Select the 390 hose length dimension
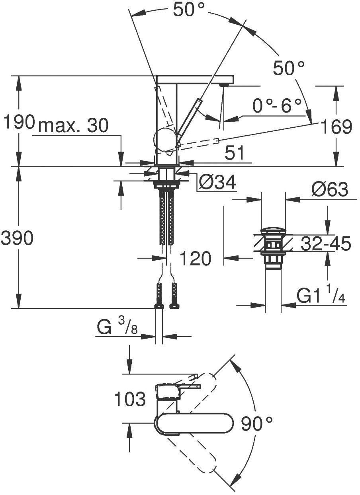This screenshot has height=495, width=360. pyautogui.click(x=17, y=239)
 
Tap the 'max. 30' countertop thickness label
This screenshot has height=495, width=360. pyautogui.click(x=73, y=126)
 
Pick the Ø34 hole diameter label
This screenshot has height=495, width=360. pyautogui.click(x=217, y=183)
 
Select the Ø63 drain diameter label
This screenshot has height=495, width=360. pyautogui.click(x=330, y=190)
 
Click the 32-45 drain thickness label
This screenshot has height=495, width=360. pyautogui.click(x=326, y=244)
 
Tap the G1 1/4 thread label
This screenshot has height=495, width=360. pyautogui.click(x=321, y=296)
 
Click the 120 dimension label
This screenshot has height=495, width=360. pyautogui.click(x=195, y=259)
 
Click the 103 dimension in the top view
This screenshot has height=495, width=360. pyautogui.click(x=130, y=399)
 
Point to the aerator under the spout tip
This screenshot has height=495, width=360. pyautogui.click(x=224, y=85)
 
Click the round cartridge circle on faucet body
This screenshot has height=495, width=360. pyautogui.click(x=164, y=141)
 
